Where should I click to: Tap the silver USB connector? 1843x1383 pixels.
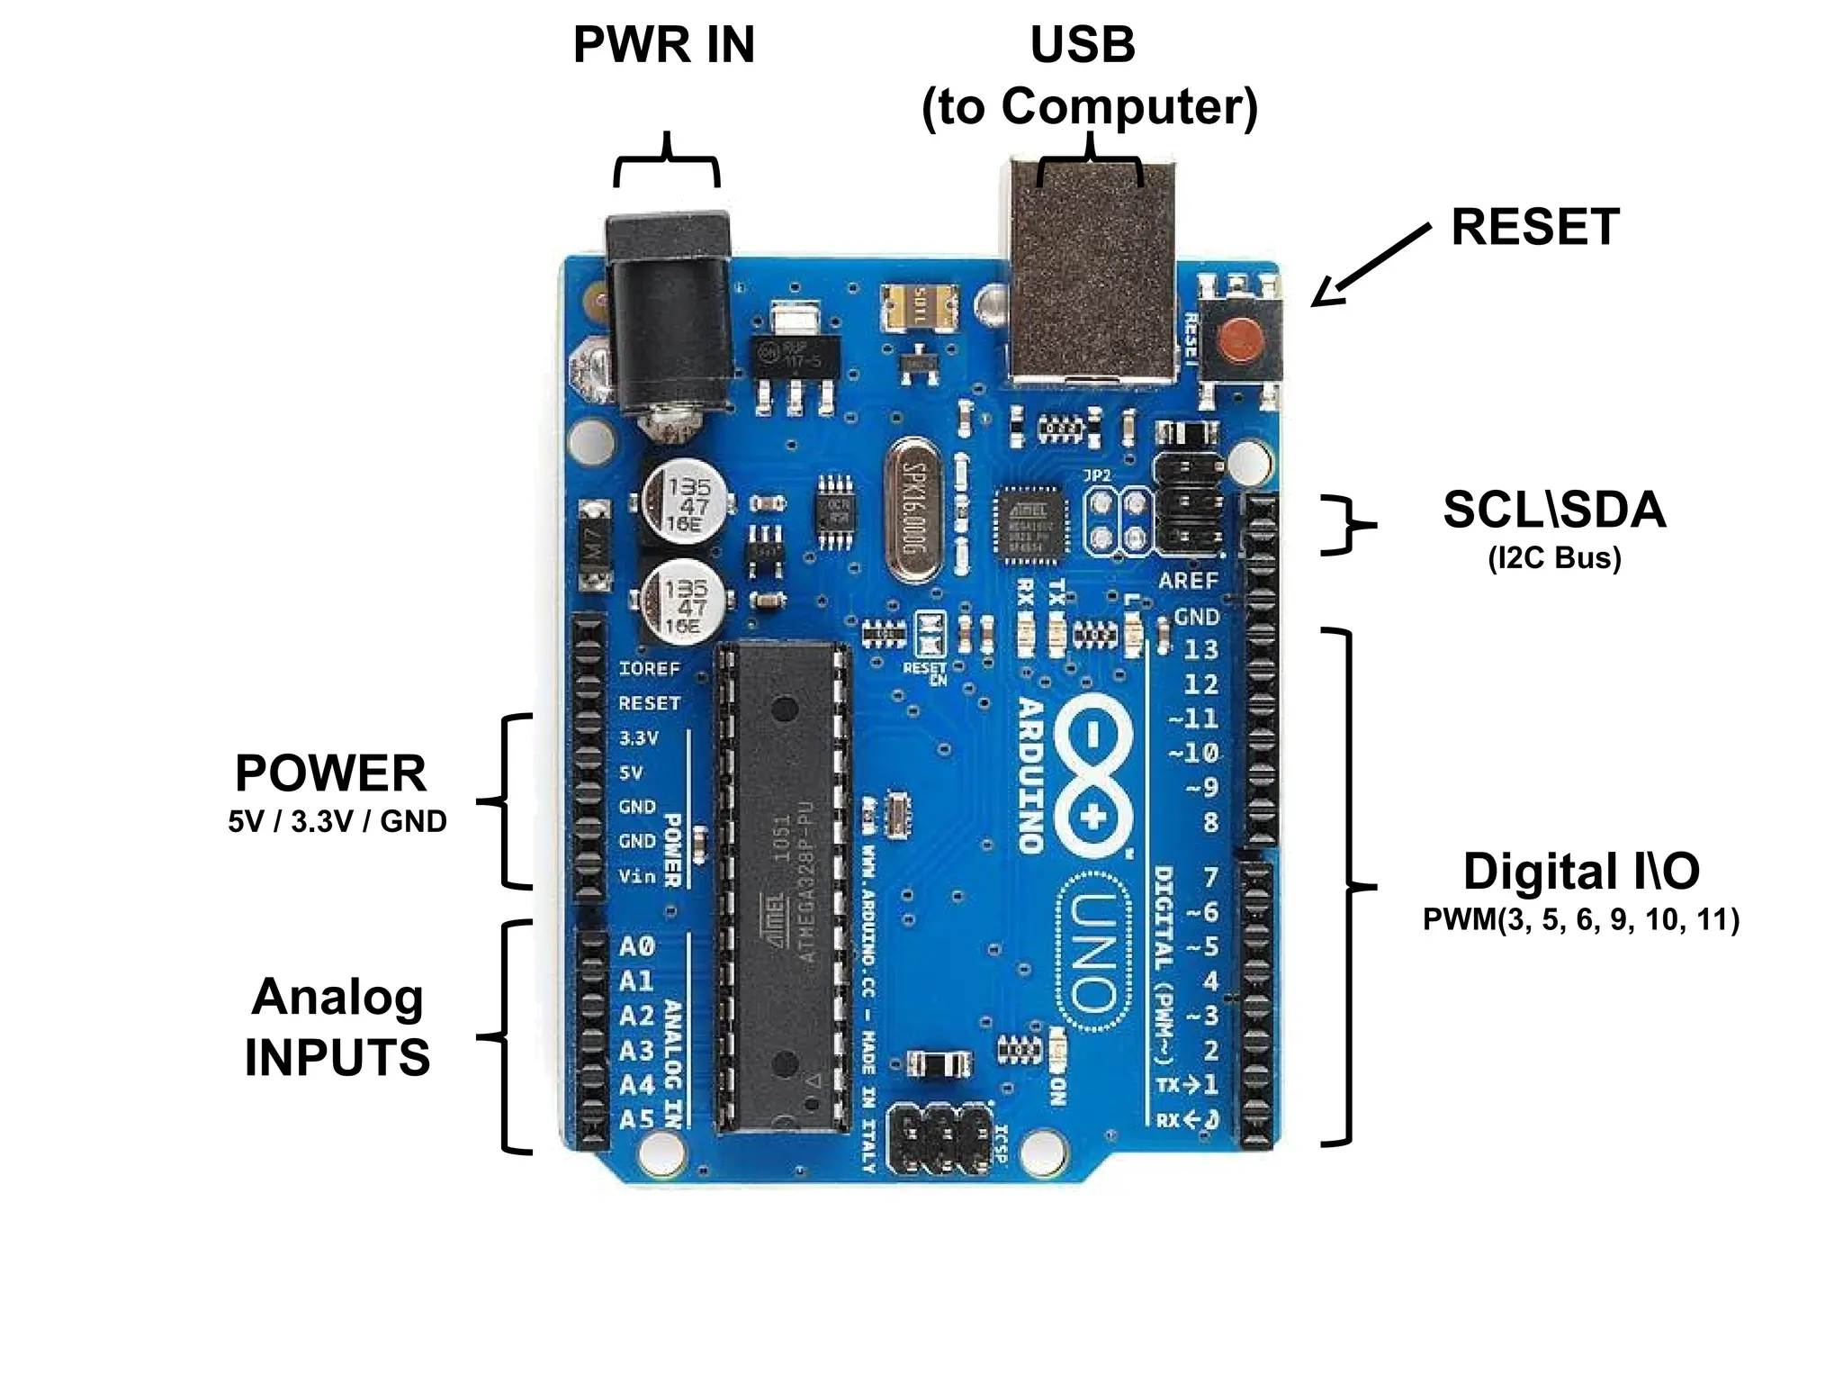click(x=1092, y=270)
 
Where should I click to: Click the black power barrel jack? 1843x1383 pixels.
click(x=668, y=315)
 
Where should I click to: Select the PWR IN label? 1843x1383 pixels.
click(x=664, y=45)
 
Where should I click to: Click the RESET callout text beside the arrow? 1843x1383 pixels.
click(x=1535, y=227)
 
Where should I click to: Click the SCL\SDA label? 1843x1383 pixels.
click(x=1554, y=511)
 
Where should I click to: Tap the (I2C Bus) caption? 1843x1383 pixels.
click(x=1554, y=558)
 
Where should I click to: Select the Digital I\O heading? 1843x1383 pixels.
click(x=1581, y=872)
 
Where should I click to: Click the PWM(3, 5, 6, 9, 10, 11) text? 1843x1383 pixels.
click(x=1581, y=920)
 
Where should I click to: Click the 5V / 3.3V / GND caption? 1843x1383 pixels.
click(x=337, y=821)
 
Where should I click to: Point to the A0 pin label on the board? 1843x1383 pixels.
click(x=636, y=946)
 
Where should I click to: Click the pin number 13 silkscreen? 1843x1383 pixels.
click(x=1200, y=649)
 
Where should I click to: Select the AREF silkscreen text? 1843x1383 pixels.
click(x=1188, y=581)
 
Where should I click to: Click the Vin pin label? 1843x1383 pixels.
click(x=636, y=876)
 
